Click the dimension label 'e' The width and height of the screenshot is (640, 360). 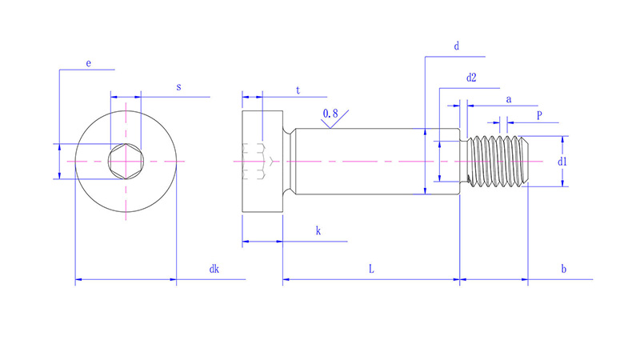(88, 62)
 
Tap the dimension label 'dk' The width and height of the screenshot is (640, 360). (214, 270)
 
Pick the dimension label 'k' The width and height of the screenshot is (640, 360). (318, 231)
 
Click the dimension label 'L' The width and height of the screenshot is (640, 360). (371, 270)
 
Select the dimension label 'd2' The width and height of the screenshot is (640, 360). (471, 78)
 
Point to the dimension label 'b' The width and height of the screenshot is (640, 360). (563, 270)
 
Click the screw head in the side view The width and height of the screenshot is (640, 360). (262, 162)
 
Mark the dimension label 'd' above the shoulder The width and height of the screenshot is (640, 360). (456, 47)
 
